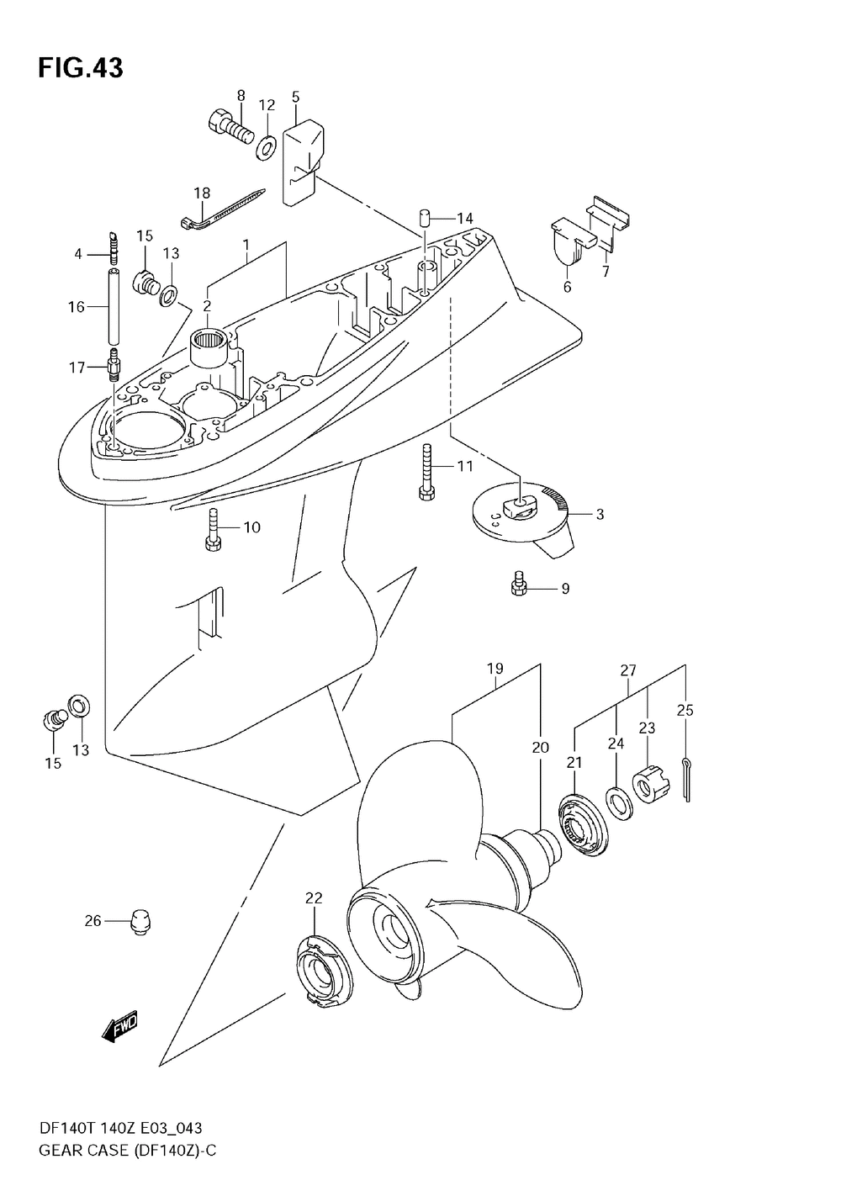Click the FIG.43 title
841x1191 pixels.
pos(80,68)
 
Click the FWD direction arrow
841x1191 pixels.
pos(119,1027)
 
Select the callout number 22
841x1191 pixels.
pos(314,898)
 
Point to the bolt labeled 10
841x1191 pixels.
pos(213,530)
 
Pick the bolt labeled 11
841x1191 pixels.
pos(426,471)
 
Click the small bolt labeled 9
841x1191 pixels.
pos(519,585)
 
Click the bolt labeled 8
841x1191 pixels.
pos(229,128)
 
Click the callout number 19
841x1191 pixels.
pos(495,669)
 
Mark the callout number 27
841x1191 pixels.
pos(628,670)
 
